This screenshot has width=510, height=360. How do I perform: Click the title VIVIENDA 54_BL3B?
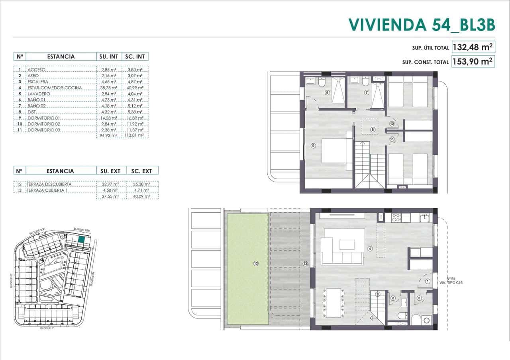422,24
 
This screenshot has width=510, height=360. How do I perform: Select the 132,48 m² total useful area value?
473,47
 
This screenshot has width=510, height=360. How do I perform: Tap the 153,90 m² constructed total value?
473,61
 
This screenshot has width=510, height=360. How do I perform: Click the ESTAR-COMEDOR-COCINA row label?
55,88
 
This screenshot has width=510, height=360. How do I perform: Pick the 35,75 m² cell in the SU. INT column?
108,88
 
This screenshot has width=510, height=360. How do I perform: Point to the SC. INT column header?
134,57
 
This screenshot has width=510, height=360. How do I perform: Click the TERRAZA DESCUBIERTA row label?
50,184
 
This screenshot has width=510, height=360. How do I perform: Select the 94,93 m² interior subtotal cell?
108,135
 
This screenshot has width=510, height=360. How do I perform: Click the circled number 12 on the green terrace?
256,263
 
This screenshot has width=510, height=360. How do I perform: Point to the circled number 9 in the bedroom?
313,146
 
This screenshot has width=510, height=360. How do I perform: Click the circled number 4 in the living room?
370,249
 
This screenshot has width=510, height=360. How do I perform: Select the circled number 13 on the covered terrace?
305,263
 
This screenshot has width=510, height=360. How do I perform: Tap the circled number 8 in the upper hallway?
373,129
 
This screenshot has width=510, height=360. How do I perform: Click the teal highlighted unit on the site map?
81,239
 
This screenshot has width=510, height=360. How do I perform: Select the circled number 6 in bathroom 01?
327,93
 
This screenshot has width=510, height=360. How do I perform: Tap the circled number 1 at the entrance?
428,281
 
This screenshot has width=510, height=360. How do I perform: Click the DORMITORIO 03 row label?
44,130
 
